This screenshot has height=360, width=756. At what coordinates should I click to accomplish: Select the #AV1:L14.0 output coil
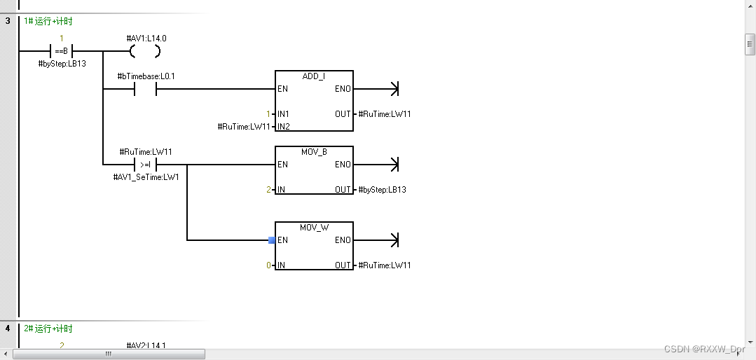(x=146, y=51)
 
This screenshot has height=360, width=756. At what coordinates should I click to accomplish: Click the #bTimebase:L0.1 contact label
(x=146, y=76)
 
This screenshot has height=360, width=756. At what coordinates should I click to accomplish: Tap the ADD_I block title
(x=314, y=76)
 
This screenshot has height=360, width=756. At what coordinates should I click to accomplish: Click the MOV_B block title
(x=314, y=152)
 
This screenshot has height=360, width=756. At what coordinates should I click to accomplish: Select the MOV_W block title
(x=314, y=228)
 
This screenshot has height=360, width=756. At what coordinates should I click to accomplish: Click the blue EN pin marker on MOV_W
(x=272, y=240)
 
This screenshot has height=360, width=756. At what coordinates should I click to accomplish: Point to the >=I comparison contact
(x=146, y=165)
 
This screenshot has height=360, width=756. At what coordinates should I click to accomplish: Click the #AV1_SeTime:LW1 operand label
(x=146, y=177)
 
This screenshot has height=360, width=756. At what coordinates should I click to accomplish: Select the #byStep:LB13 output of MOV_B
(x=383, y=190)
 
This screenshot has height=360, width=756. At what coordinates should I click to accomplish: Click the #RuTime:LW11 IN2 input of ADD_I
(x=243, y=127)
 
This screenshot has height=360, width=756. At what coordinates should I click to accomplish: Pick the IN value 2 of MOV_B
(x=268, y=190)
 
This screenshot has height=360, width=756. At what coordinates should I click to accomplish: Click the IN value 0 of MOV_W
(x=268, y=265)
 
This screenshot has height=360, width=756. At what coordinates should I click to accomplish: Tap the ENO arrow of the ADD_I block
(x=394, y=89)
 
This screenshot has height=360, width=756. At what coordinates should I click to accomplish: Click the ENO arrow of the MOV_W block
(x=394, y=240)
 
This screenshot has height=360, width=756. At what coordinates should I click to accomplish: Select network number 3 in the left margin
(x=8, y=21)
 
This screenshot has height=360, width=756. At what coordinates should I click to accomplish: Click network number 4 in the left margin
(x=8, y=328)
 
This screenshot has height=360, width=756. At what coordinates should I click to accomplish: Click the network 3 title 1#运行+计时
(x=48, y=21)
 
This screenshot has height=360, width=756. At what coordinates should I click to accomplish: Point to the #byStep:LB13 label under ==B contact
(x=62, y=64)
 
